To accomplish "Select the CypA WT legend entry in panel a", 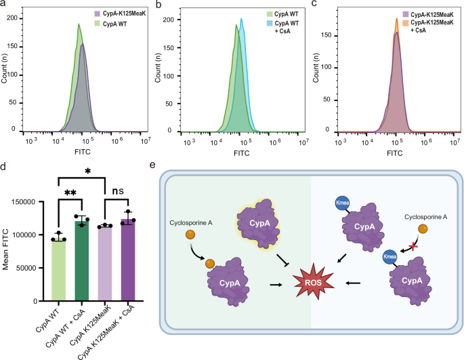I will coord(112,24).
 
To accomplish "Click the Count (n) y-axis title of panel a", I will coord(6,73).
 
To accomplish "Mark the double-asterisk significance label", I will coord(70,194).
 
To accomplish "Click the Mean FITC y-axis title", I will coord(6,249).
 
